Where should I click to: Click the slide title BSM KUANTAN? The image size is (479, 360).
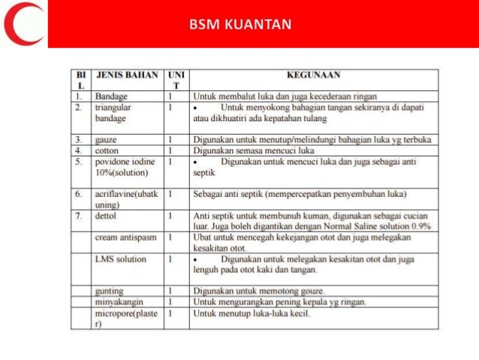(239, 26)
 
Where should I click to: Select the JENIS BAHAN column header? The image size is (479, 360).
(126, 75)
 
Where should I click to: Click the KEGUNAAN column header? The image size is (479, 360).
(313, 75)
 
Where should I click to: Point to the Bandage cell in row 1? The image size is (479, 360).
(110, 96)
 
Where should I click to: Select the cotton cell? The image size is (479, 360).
(107, 150)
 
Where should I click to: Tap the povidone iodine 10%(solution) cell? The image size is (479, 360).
(125, 166)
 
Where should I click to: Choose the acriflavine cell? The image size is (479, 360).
(126, 198)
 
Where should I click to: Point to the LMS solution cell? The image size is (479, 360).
(120, 259)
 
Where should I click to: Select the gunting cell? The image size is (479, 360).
(110, 290)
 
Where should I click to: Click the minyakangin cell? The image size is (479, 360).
(119, 301)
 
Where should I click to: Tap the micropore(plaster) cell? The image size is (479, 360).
(125, 316)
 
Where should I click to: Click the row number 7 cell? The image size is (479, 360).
(79, 216)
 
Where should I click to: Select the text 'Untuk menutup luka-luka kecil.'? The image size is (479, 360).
(252, 312)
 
